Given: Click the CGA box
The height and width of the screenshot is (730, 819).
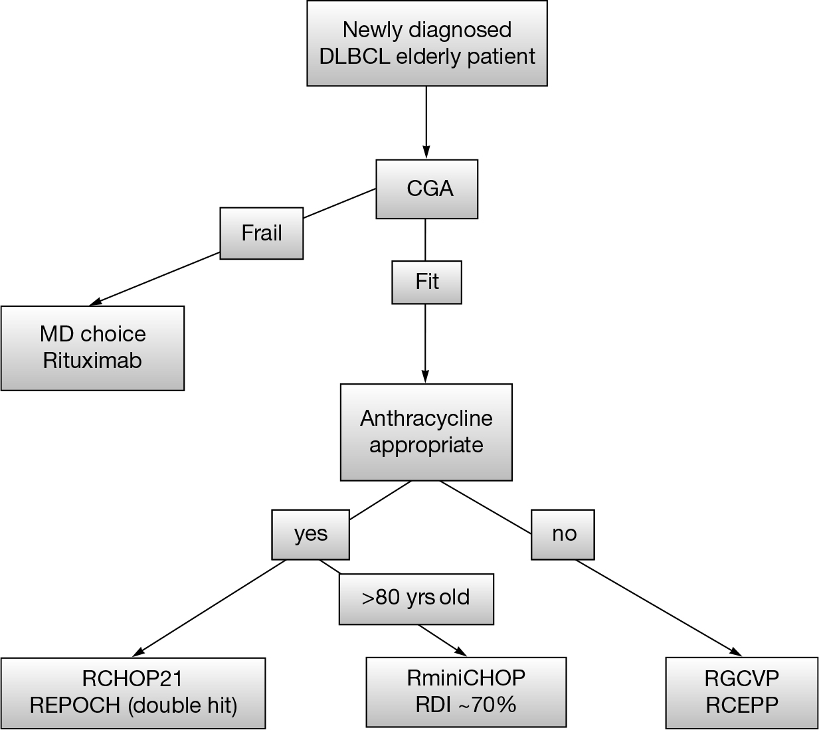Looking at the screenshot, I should (427, 189).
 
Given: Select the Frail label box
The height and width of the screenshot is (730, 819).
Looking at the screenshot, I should (262, 234).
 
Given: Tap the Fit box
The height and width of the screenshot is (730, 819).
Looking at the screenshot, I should (426, 282).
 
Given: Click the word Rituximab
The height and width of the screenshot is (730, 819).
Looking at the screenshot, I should (92, 361).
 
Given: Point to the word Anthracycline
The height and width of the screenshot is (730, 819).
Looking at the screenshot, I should (426, 418).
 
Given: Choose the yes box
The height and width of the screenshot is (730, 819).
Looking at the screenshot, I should (310, 534).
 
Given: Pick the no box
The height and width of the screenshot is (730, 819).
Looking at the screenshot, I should (563, 534).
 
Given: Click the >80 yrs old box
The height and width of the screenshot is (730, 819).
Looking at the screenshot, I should (416, 597).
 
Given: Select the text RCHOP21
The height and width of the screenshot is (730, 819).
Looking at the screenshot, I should (132, 679).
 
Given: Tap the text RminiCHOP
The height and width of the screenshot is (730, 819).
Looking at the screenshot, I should (466, 678).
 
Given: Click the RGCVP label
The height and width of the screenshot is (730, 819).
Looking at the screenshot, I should (741, 679).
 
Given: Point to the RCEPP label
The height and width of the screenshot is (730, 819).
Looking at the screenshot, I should (741, 705).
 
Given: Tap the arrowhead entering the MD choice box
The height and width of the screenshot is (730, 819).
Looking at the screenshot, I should (97, 302).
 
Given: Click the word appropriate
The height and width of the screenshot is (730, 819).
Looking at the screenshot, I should (426, 445).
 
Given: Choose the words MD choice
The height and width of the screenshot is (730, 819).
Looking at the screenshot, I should (92, 334).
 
